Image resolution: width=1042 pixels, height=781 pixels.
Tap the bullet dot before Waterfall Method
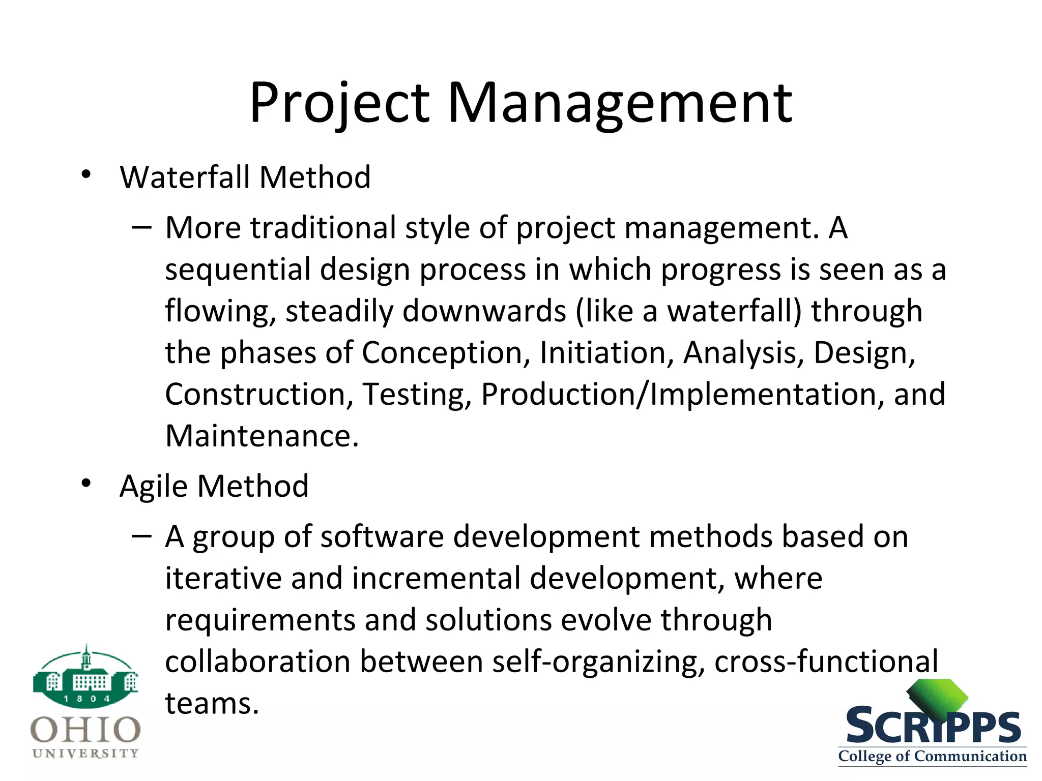point(86,174)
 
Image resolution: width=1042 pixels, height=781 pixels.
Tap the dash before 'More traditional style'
point(141,227)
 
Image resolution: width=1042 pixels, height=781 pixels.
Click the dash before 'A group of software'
point(141,535)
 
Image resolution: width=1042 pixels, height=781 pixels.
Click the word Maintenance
point(262,436)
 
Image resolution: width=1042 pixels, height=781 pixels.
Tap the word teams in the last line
point(212,704)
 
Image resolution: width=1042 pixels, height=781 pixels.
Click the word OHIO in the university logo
point(85,730)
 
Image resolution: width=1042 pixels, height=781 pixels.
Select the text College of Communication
point(932,756)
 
